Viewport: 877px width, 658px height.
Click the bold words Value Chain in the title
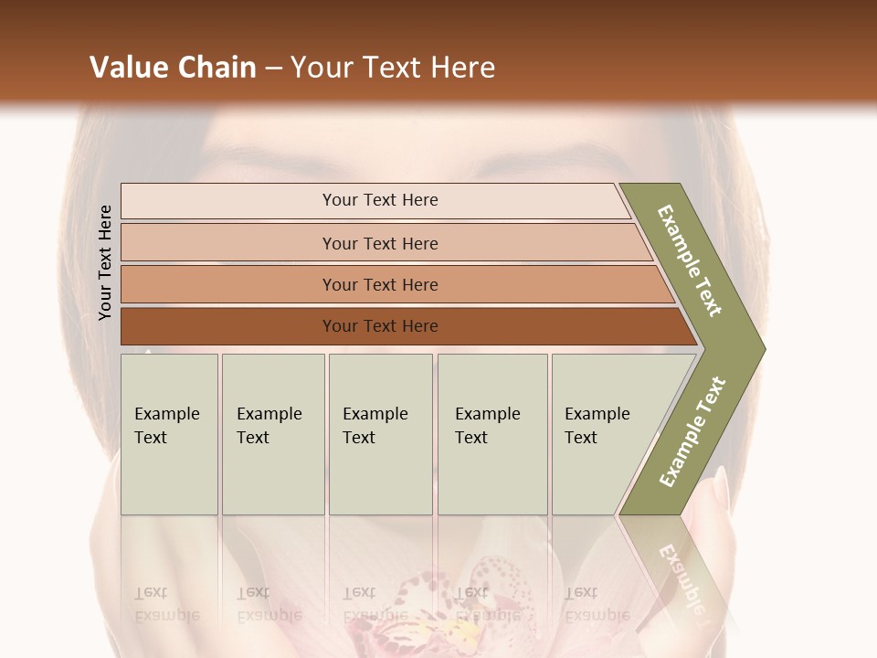coord(173,68)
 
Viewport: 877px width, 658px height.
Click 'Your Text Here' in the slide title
coord(393,68)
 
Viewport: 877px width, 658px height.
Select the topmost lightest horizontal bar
coord(379,200)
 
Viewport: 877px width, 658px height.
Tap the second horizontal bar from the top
coord(379,243)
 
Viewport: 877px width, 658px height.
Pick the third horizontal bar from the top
coord(379,284)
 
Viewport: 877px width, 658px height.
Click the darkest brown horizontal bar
coord(379,326)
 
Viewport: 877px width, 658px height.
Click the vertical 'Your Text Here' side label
coord(105,263)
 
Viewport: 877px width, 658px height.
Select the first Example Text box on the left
coord(169,433)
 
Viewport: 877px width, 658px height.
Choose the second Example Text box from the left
coord(272,433)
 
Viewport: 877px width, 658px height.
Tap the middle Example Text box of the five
coord(380,433)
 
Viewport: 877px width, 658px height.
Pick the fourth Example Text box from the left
coord(491,433)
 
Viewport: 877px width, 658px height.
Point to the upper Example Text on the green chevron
coord(690,260)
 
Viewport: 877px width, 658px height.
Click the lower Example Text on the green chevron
coord(692,431)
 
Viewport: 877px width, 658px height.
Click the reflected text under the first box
coord(167,603)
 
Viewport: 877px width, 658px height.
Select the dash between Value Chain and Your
coord(273,69)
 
